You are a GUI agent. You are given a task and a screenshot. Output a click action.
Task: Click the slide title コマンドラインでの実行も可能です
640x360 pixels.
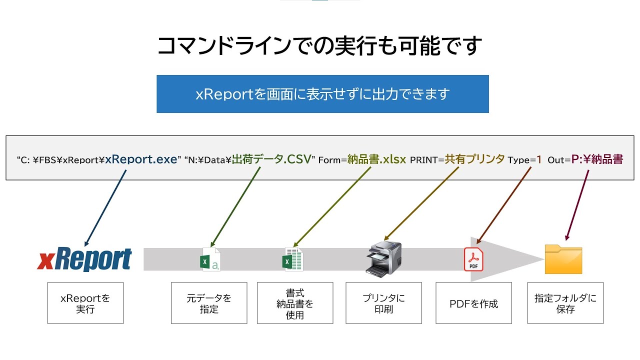(x=319, y=45)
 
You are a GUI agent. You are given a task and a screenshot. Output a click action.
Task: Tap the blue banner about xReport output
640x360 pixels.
(x=322, y=94)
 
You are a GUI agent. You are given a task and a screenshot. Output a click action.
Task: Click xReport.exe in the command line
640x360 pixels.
(x=141, y=159)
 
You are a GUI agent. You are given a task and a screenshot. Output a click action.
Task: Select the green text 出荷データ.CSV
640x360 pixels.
(x=271, y=159)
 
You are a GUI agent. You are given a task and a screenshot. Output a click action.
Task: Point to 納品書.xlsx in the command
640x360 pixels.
(x=376, y=159)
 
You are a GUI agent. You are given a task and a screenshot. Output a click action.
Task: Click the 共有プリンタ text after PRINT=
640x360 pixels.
(x=474, y=159)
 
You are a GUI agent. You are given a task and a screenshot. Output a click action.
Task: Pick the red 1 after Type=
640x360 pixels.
(x=539, y=159)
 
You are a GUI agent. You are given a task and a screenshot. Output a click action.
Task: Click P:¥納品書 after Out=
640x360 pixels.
(x=597, y=159)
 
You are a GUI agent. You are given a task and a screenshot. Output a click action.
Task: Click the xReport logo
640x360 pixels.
(x=84, y=259)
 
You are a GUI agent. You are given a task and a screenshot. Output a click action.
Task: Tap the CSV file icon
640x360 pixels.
(x=210, y=259)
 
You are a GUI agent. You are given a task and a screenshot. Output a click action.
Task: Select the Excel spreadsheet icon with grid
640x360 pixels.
(x=292, y=259)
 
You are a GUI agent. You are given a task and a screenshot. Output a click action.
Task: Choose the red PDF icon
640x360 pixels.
(x=473, y=259)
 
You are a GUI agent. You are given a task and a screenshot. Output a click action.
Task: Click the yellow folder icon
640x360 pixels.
(x=563, y=259)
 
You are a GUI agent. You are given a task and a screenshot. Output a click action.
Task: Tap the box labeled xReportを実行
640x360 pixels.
(x=85, y=303)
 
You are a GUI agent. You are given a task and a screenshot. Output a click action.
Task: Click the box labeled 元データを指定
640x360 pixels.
(x=209, y=303)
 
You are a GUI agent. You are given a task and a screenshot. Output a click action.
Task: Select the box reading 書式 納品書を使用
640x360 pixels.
(x=295, y=303)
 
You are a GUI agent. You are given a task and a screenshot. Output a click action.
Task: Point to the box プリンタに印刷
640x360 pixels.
(x=383, y=303)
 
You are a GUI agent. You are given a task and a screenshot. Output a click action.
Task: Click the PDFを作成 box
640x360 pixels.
(x=473, y=303)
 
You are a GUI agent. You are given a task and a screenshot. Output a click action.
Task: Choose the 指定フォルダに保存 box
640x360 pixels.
(x=565, y=303)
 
